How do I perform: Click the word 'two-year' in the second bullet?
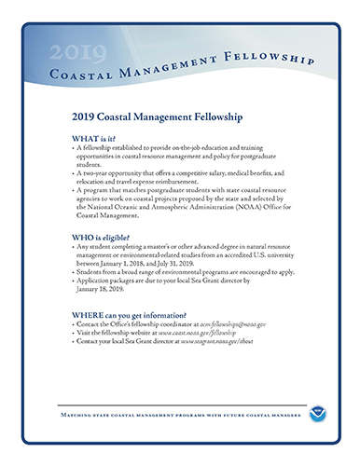[x=97, y=174]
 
